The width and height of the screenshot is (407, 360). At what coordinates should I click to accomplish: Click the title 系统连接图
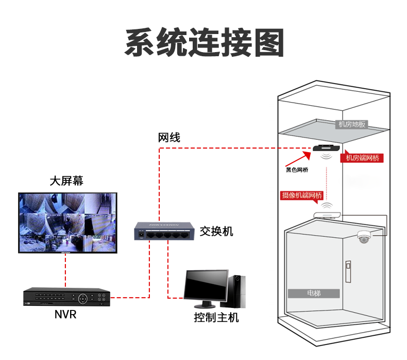(204, 43)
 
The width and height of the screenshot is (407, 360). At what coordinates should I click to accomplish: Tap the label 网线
(169, 138)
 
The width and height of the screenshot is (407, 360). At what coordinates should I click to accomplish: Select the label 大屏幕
(66, 181)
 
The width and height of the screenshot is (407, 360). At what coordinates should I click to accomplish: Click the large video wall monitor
(67, 223)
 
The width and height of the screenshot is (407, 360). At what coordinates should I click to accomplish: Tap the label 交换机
(216, 232)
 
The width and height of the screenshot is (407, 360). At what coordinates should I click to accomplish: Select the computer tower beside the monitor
(238, 291)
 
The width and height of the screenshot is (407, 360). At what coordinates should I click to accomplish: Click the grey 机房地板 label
(351, 124)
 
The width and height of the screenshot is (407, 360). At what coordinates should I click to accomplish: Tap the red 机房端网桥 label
(362, 158)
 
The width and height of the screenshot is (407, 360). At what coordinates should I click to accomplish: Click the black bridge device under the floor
(326, 149)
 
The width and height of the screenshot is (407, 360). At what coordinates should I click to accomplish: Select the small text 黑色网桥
(297, 170)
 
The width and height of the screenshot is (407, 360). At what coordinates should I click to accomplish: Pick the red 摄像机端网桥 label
(302, 195)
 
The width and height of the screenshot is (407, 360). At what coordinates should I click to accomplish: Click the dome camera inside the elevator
(364, 237)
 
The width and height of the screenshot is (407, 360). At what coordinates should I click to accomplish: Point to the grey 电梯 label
(314, 293)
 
